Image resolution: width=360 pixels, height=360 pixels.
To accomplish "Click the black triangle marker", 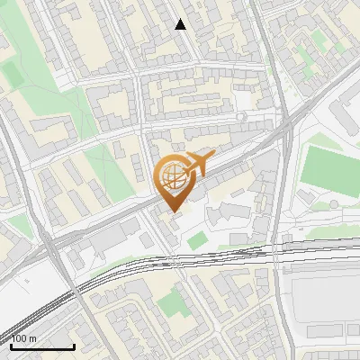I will [x=181, y=24].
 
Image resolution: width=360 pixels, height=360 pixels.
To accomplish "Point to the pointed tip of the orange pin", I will [x=173, y=212].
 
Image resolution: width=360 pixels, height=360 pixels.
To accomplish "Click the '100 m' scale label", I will [x=24, y=338].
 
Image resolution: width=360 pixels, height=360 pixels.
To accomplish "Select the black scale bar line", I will [x=42, y=346].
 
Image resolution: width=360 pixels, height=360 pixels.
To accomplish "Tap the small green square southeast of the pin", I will [x=197, y=240].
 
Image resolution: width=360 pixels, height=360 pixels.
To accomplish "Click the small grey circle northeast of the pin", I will [x=240, y=117].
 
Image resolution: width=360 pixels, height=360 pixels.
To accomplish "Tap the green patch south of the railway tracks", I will [x=176, y=304].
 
